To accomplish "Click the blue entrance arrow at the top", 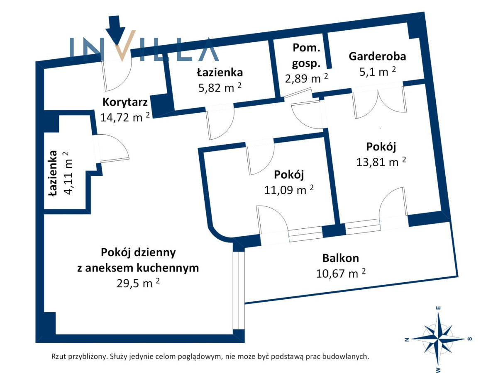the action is coord(115,29).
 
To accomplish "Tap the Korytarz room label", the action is coord(125,102).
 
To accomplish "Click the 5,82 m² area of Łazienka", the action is coord(220,87).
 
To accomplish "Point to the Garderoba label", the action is coord(377,56).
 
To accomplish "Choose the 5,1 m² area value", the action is coord(378,72).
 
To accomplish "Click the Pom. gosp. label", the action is coord(306,55).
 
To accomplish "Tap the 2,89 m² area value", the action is coord(306,78).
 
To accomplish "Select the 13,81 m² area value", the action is coord(381,162).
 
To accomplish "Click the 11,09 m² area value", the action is coord(289,189).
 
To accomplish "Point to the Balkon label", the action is coord(341,258).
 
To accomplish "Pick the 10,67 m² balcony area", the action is coord(341,274).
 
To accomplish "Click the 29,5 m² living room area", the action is coord(138,283).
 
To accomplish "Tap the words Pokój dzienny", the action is coord(138,252).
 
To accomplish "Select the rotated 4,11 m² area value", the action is coord(68,173).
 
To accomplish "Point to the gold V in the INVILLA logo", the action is coord(124,45).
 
